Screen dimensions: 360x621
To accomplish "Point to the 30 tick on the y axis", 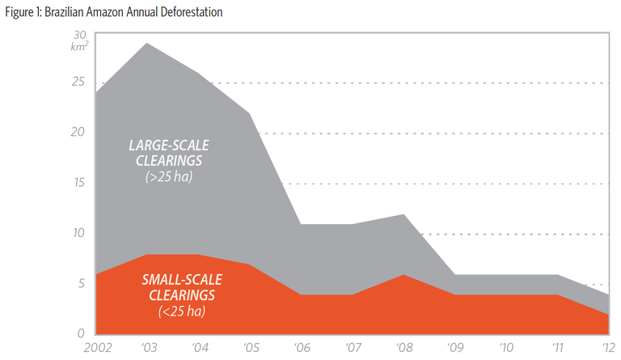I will (x=79, y=35).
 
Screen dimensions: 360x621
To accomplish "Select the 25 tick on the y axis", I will (x=78, y=83).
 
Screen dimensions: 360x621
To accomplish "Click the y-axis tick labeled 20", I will (x=78, y=133).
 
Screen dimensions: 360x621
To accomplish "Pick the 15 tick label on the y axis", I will (x=79, y=183).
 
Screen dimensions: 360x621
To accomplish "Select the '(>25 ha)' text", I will (x=168, y=175).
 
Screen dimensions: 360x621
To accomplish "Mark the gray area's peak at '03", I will (x=146, y=44).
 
